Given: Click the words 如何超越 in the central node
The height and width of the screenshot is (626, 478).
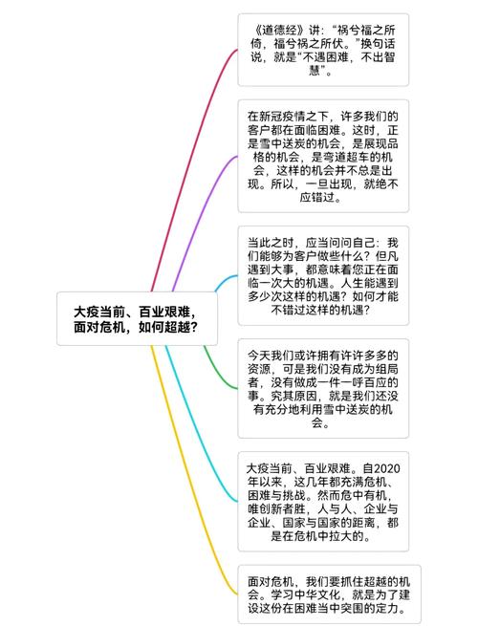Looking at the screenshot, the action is pyautogui.click(x=167, y=328).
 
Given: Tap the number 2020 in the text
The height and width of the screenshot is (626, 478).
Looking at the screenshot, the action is pyautogui.click(x=386, y=468).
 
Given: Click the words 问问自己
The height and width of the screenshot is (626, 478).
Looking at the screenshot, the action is pyautogui.click(x=352, y=243).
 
